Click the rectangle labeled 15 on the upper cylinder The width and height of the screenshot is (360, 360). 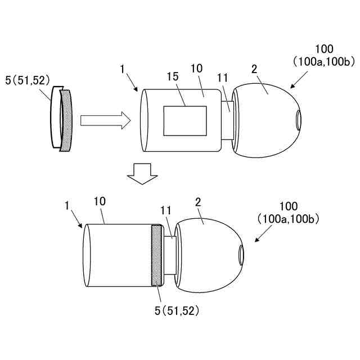pyautogui.click(x=185, y=121)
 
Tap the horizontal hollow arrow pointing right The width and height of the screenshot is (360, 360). pyautogui.click(x=106, y=120)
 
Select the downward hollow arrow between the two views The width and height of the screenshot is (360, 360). pyautogui.click(x=142, y=174)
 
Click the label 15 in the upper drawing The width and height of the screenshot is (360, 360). pyautogui.click(x=173, y=76)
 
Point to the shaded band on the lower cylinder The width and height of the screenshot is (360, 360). pyautogui.click(x=156, y=255)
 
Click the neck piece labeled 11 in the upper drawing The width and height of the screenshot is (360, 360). pyautogui.click(x=227, y=120)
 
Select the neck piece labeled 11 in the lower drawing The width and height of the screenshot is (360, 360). pyautogui.click(x=170, y=255)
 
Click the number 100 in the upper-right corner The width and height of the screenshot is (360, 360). pyautogui.click(x=324, y=49)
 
